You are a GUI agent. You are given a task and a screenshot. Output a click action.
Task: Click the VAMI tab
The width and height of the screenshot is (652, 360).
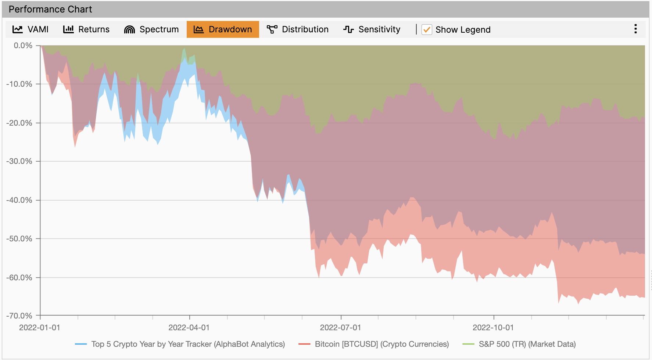click(31, 29)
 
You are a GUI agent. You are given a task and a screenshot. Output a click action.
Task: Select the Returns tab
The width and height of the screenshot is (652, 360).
click(86, 29)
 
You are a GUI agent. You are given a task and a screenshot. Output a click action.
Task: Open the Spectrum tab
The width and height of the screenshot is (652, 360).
click(151, 29)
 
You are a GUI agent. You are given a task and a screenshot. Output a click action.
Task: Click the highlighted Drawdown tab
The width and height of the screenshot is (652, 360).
click(223, 29)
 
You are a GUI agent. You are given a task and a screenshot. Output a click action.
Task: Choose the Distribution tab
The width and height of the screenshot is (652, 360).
click(298, 29)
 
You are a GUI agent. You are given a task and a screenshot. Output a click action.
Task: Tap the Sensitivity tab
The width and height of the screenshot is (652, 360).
click(372, 29)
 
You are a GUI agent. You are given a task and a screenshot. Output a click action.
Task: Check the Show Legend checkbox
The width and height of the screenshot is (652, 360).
click(427, 30)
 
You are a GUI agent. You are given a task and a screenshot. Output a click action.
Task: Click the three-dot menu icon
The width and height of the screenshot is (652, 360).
click(635, 29)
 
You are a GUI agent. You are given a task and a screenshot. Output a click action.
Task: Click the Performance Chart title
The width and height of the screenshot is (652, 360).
click(50, 10)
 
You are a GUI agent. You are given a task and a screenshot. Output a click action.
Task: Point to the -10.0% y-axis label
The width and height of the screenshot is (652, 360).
click(19, 84)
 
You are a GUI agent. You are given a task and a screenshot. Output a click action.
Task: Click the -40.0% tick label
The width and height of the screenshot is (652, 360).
click(19, 200)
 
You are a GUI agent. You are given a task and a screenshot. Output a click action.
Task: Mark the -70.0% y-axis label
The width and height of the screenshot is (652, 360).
click(19, 316)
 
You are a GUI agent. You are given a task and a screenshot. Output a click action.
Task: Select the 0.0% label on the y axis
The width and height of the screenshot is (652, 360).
click(23, 46)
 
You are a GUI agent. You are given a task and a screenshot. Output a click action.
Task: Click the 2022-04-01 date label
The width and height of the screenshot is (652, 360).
click(189, 328)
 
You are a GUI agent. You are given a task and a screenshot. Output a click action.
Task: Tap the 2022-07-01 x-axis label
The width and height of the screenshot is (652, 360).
click(340, 328)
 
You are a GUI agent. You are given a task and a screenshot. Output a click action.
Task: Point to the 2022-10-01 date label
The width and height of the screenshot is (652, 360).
click(493, 328)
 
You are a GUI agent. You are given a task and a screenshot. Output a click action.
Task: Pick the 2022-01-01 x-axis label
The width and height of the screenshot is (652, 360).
click(40, 328)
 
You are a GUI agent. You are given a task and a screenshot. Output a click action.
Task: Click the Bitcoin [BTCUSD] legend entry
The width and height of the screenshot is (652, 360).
click(381, 344)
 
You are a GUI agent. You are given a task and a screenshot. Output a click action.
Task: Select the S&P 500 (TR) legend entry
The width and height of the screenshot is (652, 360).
click(527, 344)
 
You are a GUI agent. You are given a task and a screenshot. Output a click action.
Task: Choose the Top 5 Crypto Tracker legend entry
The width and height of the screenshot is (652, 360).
click(188, 344)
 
